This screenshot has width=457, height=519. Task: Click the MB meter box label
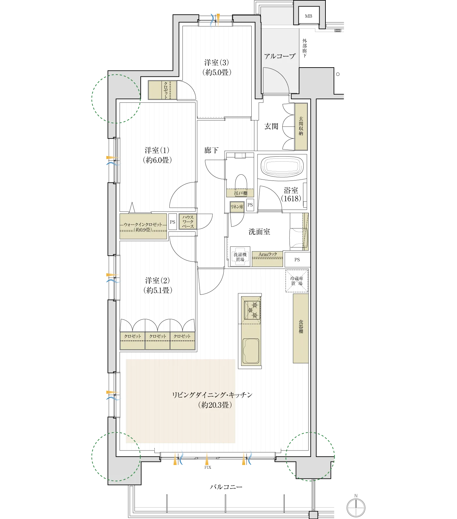pos(308,16)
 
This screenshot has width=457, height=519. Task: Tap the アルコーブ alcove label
pos(280,56)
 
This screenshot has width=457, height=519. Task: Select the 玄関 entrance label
pos(271,126)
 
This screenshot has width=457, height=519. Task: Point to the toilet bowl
pos(241,182)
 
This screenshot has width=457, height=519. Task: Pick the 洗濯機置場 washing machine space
pos(240,257)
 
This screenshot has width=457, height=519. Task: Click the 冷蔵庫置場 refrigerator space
pos(297,281)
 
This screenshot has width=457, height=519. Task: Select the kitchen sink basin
pos(251,351)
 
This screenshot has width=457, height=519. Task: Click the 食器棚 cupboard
pos(301,328)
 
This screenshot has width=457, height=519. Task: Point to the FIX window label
pos(208,467)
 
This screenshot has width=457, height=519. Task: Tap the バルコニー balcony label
pos(226,487)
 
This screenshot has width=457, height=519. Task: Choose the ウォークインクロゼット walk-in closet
pos(143,226)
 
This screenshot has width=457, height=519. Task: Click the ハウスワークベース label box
pos(188,222)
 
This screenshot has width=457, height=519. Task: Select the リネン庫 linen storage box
pos(237,207)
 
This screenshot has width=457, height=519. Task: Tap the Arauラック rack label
pos(268,254)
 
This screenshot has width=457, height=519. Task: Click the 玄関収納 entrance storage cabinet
pos(301,126)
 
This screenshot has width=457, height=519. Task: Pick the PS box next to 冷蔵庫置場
pos(297,260)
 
